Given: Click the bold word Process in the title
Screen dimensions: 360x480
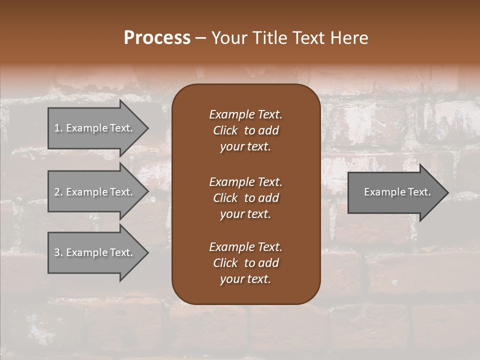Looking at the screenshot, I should click(x=157, y=38).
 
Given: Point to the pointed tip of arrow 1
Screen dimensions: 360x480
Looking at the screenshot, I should click(x=147, y=128).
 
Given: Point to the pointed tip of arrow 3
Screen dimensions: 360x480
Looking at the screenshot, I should click(x=147, y=252).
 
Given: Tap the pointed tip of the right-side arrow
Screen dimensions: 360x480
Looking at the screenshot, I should click(x=447, y=192).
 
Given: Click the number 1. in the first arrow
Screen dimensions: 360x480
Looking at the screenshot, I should click(x=58, y=128).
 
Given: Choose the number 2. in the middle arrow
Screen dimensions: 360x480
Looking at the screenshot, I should click(x=58, y=192).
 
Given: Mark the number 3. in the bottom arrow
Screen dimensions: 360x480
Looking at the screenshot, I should click(x=58, y=252).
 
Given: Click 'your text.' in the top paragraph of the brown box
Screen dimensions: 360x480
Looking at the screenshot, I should click(x=245, y=147).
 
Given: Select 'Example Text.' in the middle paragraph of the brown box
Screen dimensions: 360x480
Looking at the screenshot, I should click(x=245, y=181).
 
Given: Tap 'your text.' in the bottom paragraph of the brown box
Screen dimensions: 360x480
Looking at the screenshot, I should click(x=245, y=279).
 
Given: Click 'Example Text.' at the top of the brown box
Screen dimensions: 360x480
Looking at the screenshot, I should click(x=245, y=114).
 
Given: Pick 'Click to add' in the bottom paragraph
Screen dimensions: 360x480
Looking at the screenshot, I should click(x=245, y=263).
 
